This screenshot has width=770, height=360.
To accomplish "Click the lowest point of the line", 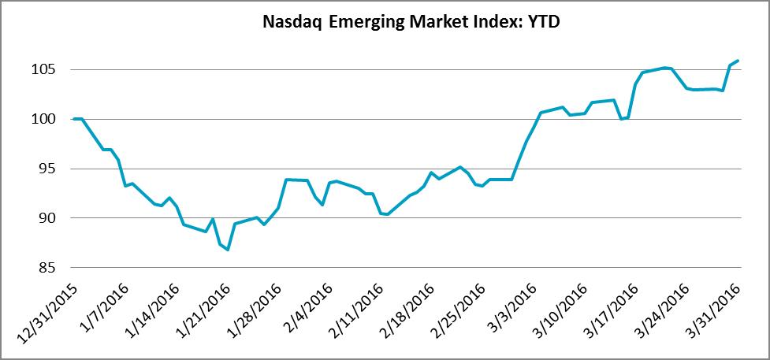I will [228, 250].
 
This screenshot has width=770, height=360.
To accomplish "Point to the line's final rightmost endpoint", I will [737, 61].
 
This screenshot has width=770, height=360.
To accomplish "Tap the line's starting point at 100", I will [73, 119].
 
